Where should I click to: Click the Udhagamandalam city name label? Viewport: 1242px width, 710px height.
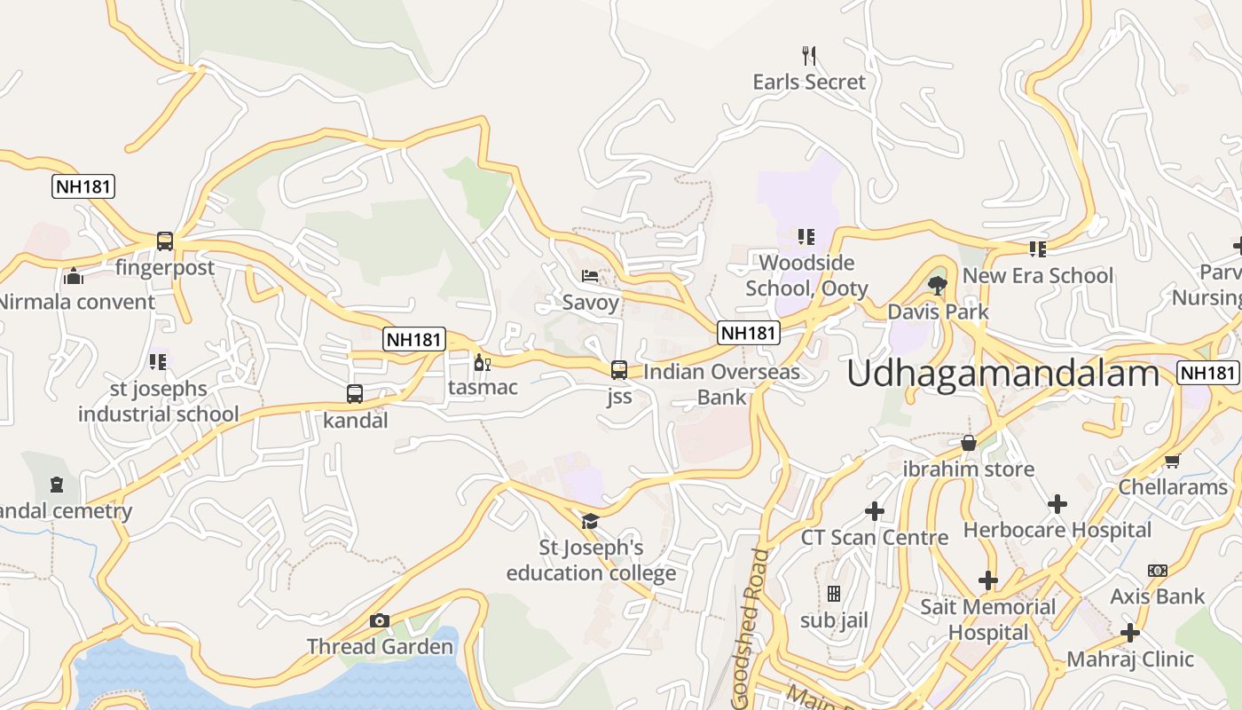coord(1002,374)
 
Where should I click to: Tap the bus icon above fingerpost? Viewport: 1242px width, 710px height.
coord(165,241)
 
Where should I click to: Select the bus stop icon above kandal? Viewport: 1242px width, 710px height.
coord(355,393)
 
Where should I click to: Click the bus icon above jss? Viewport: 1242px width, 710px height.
coord(619,369)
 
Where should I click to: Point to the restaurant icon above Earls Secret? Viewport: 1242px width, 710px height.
coord(808,56)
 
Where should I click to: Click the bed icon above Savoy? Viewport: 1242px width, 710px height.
coord(590,276)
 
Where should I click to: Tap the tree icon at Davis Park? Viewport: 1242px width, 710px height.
coord(937,285)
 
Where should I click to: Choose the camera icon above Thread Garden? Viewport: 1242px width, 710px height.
coord(380,620)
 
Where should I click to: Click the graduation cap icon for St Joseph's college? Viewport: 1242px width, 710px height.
coord(590,520)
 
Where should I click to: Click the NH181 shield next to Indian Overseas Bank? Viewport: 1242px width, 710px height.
coord(749,333)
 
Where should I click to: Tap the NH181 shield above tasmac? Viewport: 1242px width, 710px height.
coord(414,339)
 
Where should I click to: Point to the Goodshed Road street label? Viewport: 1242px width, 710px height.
coord(748,627)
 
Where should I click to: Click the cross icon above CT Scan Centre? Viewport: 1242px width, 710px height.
coord(875,511)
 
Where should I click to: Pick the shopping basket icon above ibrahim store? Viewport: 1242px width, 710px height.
coord(969,442)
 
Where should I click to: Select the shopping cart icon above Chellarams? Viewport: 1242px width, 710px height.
coord(1172,461)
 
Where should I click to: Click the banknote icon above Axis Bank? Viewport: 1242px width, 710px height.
coord(1157,570)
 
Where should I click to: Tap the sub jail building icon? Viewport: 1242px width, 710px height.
coord(833,594)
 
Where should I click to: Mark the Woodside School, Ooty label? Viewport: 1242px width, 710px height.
coord(806,275)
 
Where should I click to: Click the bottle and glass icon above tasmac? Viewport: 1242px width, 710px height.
coord(482,362)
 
